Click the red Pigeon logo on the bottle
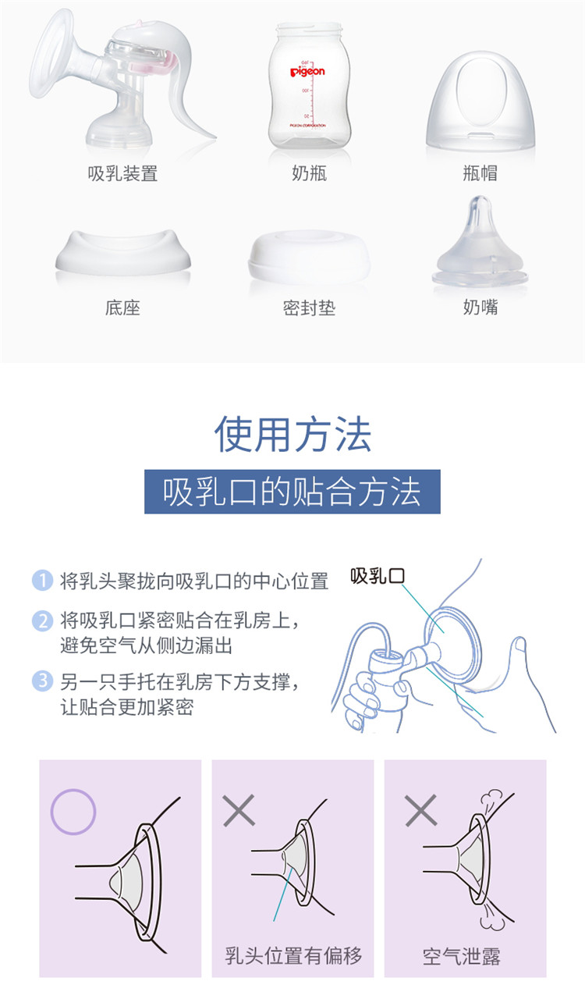pos(307,71)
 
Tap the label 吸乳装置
pos(122,173)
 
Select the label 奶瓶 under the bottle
pos(310,173)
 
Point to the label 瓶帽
pos(480,173)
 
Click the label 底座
pos(122,308)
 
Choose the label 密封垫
pos(309,308)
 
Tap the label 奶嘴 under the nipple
pos(480,308)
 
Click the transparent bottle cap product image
pos(480,101)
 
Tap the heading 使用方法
pos(292,434)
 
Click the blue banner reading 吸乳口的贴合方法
pos(292,492)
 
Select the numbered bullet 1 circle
pos(43,580)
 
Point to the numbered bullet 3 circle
pos(43,681)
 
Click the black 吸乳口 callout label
pos(378,576)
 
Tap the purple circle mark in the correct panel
pos(73,812)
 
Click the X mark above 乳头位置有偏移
pos(239,810)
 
